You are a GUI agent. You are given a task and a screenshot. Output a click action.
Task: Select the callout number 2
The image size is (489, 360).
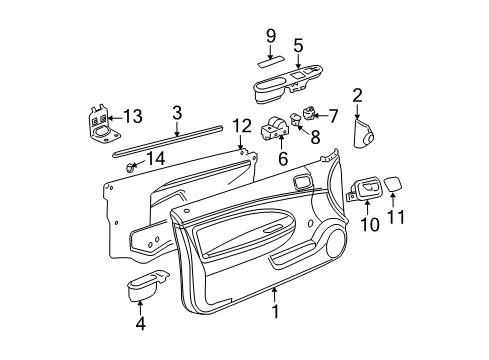click(x=357, y=96)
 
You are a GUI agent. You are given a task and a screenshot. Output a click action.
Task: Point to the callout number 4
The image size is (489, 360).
click(x=140, y=323)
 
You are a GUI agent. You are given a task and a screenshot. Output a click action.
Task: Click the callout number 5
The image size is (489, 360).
click(x=297, y=44)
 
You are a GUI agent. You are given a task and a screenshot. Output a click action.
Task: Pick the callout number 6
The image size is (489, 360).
click(x=282, y=158)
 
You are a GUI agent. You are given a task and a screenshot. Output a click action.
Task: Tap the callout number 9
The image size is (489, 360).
click(x=269, y=38)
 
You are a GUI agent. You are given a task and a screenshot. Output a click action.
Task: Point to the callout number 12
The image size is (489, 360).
click(x=239, y=124)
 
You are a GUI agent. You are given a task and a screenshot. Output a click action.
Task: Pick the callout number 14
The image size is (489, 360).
click(x=157, y=158)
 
